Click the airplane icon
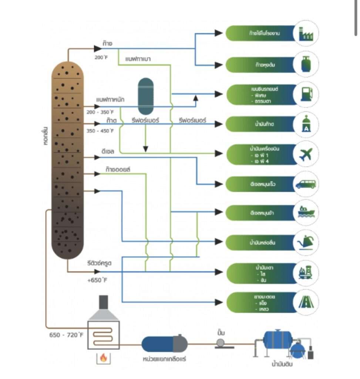(x=306, y=154)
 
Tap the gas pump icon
(x=306, y=94)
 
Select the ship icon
(x=306, y=213)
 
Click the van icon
(x=306, y=184)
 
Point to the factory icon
(x=306, y=34)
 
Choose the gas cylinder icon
(x=306, y=64)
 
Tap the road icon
(x=306, y=302)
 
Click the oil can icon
(x=306, y=243)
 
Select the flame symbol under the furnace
(x=104, y=358)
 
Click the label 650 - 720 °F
(x=66, y=335)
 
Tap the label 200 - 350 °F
(x=100, y=111)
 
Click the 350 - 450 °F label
(x=100, y=131)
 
